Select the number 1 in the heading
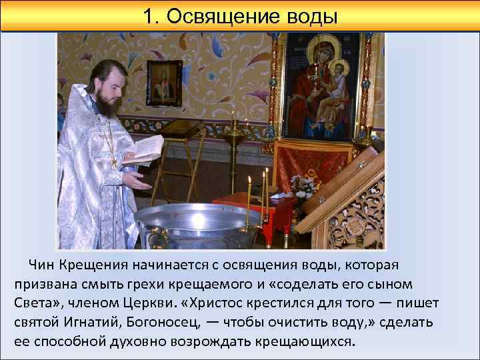[x=148, y=16]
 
